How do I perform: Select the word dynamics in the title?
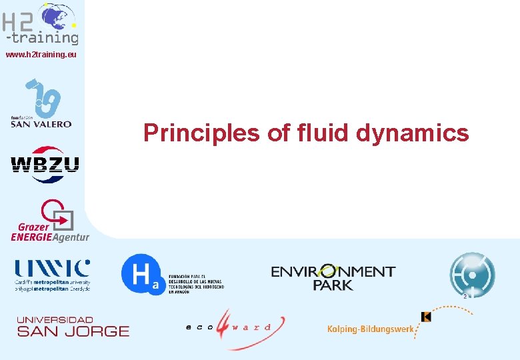(413, 133)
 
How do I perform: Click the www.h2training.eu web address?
(41, 55)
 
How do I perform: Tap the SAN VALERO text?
(41, 124)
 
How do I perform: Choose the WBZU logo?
(45, 164)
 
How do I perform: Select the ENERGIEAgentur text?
(49, 237)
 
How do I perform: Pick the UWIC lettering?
(53, 268)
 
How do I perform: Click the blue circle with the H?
(141, 274)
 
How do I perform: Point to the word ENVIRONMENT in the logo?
(333, 272)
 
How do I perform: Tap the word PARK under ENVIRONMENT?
(333, 285)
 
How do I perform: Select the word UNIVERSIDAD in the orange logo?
(55, 320)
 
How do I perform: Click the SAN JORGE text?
(73, 331)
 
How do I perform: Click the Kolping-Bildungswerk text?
(369, 329)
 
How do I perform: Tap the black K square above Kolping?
(427, 317)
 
